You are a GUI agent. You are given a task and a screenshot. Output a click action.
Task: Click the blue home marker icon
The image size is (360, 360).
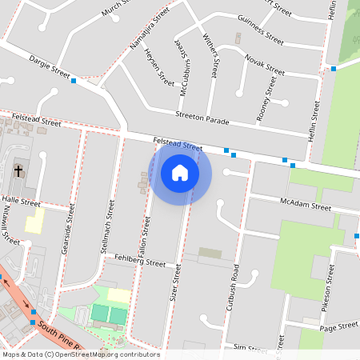point(180,174)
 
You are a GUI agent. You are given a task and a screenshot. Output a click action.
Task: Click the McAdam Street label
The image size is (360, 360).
point(306,205)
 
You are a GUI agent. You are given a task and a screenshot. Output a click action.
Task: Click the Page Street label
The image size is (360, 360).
point(338,326)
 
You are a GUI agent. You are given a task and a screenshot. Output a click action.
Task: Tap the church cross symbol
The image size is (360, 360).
point(18,170)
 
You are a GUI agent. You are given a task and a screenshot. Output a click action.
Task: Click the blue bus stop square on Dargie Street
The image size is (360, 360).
point(74,81)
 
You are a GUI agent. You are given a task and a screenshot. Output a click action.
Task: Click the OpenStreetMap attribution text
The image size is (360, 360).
point(81,354)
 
